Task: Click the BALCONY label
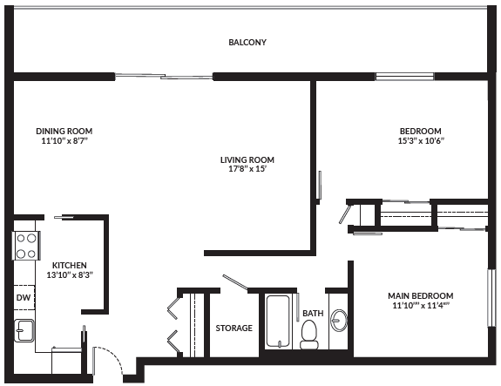tap(247, 43)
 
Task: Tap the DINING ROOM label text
tap(64, 131)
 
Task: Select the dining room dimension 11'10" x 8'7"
tap(64, 140)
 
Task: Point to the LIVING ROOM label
tap(247, 159)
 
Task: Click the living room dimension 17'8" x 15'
tap(247, 169)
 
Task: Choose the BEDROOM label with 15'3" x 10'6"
tap(421, 131)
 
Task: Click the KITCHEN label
tap(70, 265)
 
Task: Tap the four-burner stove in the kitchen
tap(26, 245)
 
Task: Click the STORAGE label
tap(234, 328)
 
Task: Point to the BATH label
tap(313, 313)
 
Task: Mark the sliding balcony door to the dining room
tap(164, 76)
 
